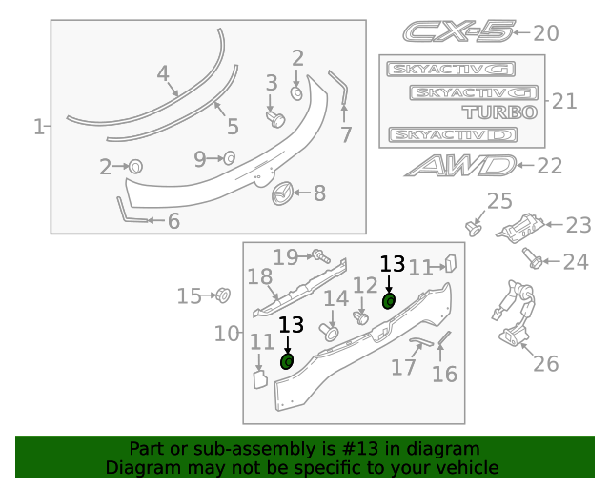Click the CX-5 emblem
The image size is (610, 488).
pos(457,32)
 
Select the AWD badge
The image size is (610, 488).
pos(459,166)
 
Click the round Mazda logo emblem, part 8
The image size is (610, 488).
pos(282,193)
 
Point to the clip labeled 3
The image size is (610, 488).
pos(276,117)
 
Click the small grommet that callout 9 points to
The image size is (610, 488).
pos(230,157)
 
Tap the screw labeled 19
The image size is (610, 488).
pos(319,255)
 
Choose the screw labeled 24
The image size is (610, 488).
pos(534,258)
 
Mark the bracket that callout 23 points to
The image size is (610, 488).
pos(521,229)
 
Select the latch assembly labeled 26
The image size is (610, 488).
pos(515,315)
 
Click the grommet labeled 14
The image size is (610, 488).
pos(331,331)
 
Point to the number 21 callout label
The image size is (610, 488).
pos(564,101)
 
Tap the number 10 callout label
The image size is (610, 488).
pos(226,335)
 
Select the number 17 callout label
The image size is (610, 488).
pos(403,367)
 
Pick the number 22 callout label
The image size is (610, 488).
pos(550,166)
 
